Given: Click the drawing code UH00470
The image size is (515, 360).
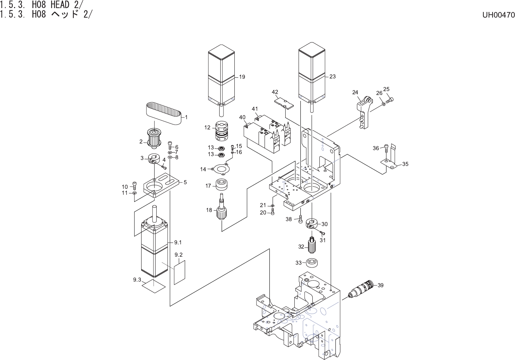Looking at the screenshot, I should [498, 15].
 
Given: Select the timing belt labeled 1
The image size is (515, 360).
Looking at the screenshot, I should [164, 113].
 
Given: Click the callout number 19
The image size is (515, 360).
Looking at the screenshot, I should [242, 77].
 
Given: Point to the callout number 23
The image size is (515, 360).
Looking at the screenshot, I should [333, 76].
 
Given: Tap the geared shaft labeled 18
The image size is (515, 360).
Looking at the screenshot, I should [221, 209].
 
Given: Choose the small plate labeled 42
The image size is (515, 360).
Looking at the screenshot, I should [283, 103].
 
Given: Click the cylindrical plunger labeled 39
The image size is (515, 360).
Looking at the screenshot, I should [361, 290].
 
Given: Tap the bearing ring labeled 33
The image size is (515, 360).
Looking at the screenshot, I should [312, 263].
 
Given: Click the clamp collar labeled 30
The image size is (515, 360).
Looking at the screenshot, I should [312, 223].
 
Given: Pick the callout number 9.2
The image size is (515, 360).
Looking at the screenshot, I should [178, 254].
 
